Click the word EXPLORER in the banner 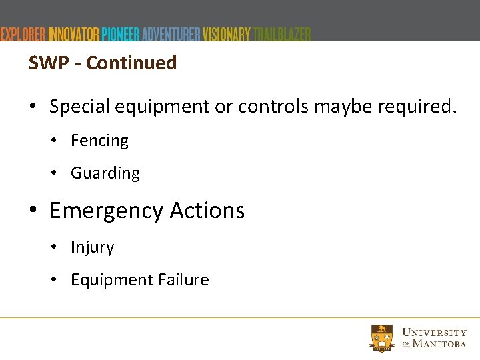pos(23,34)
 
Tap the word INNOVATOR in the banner pos(74,34)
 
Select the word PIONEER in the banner pos(120,34)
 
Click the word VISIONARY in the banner pos(227,34)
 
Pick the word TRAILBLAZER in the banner pos(282,34)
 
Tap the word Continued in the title pos(131,63)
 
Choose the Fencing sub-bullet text pos(99,141)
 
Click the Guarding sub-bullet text pos(105,173)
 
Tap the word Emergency pos(106,211)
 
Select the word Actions pos(207,211)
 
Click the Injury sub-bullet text pos(92,247)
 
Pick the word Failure pos(182,280)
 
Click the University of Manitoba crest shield pos(382,338)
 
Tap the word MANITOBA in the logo pos(439,344)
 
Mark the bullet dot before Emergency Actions pos(33,211)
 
